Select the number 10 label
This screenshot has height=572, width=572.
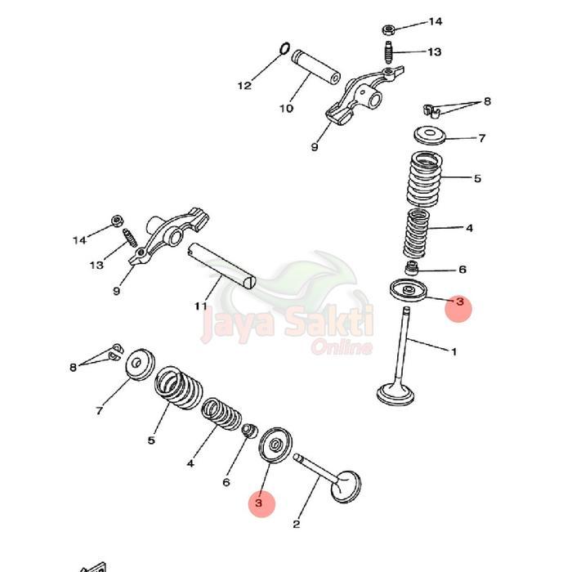286,108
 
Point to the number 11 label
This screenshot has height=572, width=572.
201,306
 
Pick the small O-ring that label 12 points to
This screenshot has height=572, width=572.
284,50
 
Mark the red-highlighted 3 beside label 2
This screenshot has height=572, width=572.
260,504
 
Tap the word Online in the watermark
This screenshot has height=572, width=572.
342,347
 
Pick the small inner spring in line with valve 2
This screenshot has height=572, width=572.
221,413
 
